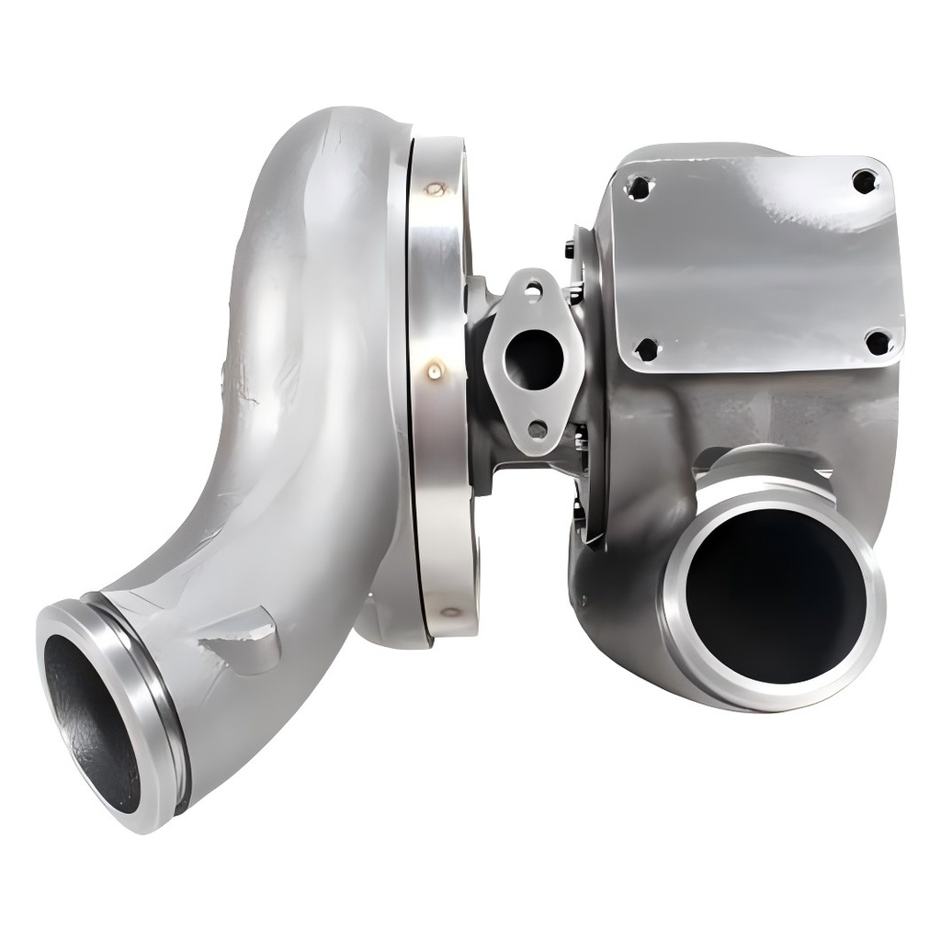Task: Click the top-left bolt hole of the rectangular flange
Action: (639, 188)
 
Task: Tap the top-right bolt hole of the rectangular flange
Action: (864, 181)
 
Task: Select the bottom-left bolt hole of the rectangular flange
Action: (647, 349)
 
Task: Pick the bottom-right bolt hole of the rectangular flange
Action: (879, 343)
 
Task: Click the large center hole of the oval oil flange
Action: (534, 359)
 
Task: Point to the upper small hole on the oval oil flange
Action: (533, 291)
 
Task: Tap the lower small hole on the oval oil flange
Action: (538, 428)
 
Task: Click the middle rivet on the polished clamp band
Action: (434, 370)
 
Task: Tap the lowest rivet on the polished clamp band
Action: (450, 611)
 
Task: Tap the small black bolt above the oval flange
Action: (570, 249)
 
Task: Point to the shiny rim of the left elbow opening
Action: (55, 643)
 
